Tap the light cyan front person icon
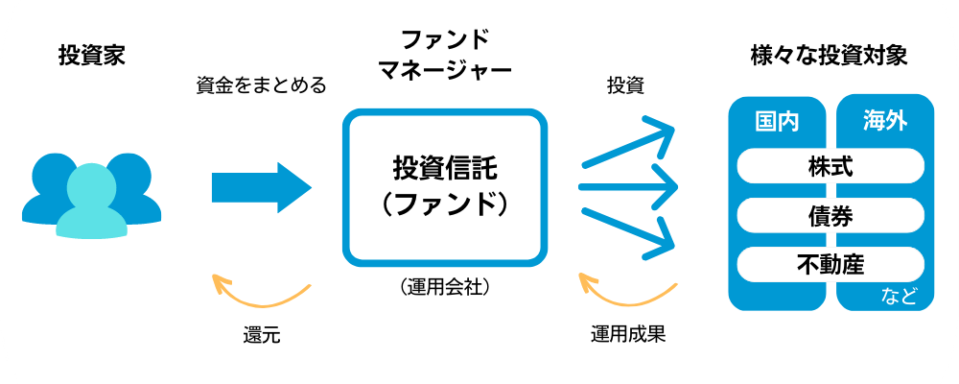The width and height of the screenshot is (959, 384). [x=92, y=202]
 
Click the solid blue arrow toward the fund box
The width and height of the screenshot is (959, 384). [x=261, y=186]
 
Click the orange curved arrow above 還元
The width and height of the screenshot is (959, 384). [x=261, y=292]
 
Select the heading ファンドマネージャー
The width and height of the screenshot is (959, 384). [x=444, y=56]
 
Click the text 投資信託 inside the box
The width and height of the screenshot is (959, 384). [x=445, y=169]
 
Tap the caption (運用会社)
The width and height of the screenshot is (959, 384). [x=443, y=286]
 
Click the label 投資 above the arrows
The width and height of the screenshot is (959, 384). [x=625, y=85]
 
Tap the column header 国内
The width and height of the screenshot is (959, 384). [x=778, y=122]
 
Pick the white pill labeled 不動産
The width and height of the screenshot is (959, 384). [x=831, y=262]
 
